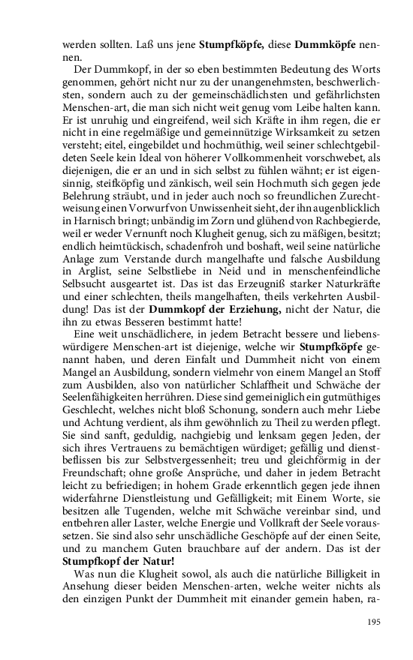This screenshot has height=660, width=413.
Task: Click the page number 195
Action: pyautogui.click(x=373, y=622)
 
